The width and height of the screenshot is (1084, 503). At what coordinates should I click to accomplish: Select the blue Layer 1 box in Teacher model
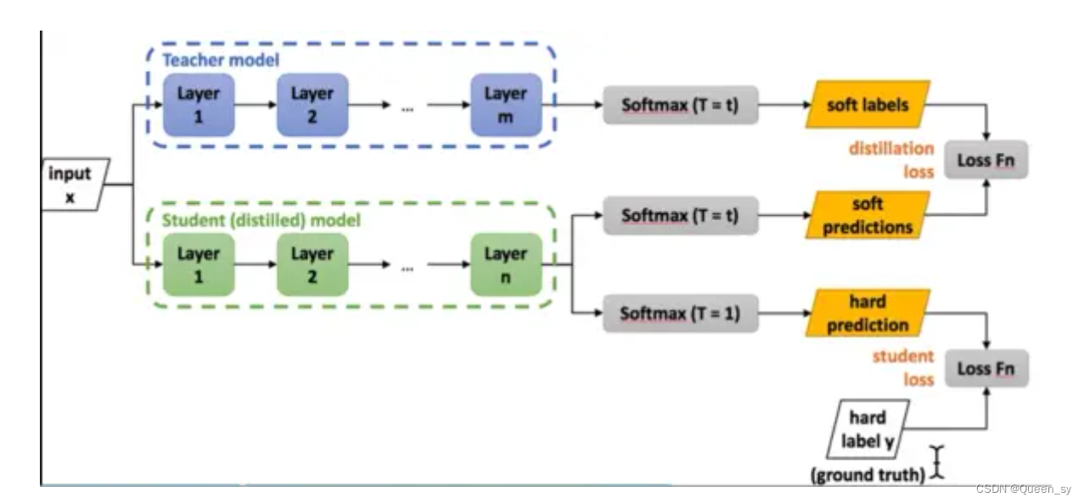[x=199, y=105]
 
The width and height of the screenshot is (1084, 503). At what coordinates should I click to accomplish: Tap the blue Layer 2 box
[x=312, y=105]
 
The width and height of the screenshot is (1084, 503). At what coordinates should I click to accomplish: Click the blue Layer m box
[x=506, y=105]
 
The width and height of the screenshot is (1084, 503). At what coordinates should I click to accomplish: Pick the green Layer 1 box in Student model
[x=199, y=264]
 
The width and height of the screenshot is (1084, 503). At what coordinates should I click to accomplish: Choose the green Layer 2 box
[x=312, y=264]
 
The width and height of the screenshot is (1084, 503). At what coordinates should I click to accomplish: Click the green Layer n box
[x=506, y=264]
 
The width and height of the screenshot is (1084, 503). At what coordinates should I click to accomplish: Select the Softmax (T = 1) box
[x=680, y=314]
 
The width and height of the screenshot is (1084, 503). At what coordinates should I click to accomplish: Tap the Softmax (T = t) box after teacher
[x=680, y=106]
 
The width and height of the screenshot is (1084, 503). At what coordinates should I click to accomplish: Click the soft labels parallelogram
[x=868, y=105]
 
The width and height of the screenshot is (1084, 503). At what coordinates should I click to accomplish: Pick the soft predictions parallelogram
[x=868, y=216]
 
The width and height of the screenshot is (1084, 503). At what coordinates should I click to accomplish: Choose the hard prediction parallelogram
[x=868, y=313]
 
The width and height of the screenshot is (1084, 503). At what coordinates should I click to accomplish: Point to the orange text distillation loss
[x=891, y=160]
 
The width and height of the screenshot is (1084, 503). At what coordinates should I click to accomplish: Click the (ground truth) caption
[x=868, y=475]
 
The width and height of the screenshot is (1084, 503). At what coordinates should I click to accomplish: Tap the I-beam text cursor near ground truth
[x=937, y=461]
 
